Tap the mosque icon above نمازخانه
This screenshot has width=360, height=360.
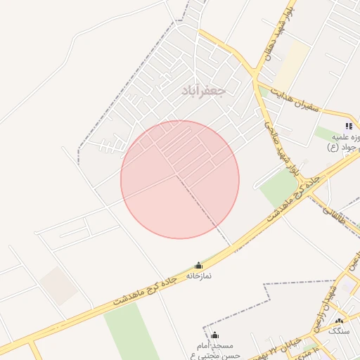coord(198,265)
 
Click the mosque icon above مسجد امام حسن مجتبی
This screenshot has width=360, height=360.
coord(215,335)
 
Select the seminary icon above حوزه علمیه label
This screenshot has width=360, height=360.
coord(349,127)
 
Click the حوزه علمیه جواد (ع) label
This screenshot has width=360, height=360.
coord(343,141)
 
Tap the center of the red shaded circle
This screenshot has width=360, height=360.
coord(180,179)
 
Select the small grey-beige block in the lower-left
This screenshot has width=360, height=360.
coord(58,285)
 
